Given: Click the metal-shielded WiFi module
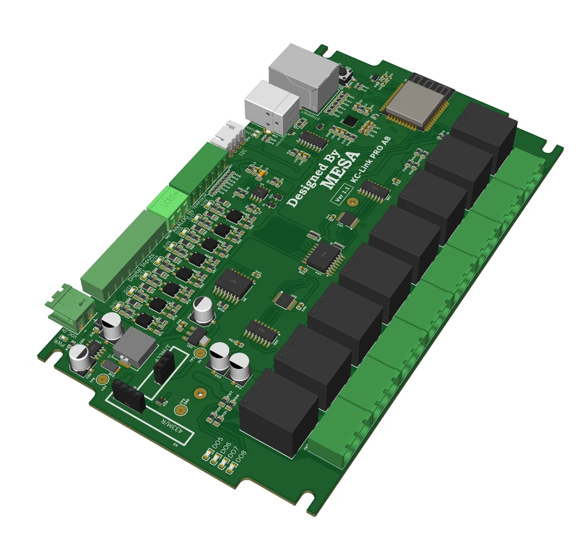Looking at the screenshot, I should pyautogui.click(x=416, y=101).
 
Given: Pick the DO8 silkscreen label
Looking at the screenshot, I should pyautogui.click(x=240, y=456).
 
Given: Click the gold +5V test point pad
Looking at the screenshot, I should pyautogui.click(x=104, y=378).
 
